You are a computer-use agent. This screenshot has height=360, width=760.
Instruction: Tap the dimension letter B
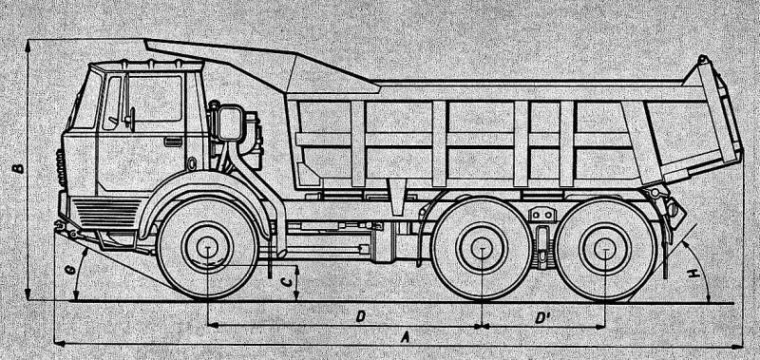(x=18, y=168)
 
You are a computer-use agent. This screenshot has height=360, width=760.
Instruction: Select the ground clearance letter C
(x=287, y=281)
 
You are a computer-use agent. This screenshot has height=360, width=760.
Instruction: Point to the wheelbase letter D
(x=361, y=317)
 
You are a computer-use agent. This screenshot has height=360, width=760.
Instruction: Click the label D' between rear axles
(x=541, y=318)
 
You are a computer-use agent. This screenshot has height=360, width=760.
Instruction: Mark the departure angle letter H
(x=695, y=274)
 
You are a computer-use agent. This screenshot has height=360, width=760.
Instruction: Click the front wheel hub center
(x=207, y=247)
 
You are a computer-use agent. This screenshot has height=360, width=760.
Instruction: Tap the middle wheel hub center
(x=482, y=248)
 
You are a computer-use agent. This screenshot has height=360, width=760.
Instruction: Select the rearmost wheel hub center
(x=605, y=248)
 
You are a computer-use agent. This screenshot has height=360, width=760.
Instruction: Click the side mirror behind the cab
(x=230, y=123)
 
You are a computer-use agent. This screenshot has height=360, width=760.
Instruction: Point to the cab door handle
(x=173, y=142)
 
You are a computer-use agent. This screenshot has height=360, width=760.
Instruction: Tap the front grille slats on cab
(x=107, y=214)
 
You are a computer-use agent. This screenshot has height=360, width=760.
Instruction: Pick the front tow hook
(x=61, y=225)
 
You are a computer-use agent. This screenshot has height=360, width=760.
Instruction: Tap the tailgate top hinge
(x=702, y=61)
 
